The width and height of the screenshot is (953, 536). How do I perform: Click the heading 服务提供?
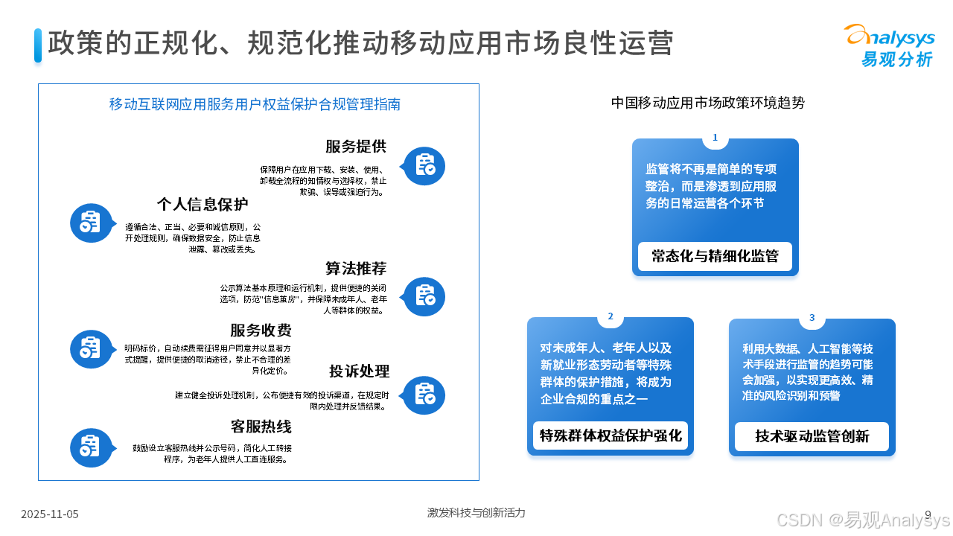pyautogui.click(x=356, y=146)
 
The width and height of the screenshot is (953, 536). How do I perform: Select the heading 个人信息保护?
pyautogui.click(x=202, y=204)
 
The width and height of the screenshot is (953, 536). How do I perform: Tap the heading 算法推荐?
pyautogui.click(x=356, y=268)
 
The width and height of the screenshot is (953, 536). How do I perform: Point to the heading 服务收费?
pyautogui.click(x=261, y=331)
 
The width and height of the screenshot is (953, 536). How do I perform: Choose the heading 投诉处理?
pyautogui.click(x=360, y=371)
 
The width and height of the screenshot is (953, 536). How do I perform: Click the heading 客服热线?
pyautogui.click(x=261, y=427)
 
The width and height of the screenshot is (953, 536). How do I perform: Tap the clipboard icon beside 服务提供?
pyautogui.click(x=424, y=165)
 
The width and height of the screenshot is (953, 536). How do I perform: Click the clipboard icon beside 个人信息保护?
pyautogui.click(x=91, y=222)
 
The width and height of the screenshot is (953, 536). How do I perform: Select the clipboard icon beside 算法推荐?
pyautogui.click(x=424, y=296)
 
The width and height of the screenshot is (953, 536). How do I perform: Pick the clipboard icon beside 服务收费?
pyautogui.click(x=91, y=348)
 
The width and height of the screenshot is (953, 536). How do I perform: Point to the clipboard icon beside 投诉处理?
pyautogui.click(x=424, y=395)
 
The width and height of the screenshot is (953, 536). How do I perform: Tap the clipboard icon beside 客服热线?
pyautogui.click(x=91, y=447)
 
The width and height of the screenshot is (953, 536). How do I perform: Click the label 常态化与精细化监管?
pyautogui.click(x=715, y=256)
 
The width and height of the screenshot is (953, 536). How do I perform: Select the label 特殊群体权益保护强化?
pyautogui.click(x=611, y=435)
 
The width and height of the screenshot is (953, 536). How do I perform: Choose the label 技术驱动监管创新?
pyautogui.click(x=812, y=436)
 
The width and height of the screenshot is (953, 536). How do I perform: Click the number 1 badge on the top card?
pyautogui.click(x=715, y=138)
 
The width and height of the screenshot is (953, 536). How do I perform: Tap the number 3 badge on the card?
pyautogui.click(x=812, y=318)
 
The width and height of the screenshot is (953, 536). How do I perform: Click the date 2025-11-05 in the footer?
pyautogui.click(x=50, y=514)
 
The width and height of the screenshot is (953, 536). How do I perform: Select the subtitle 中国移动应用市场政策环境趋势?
pyautogui.click(x=707, y=103)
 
